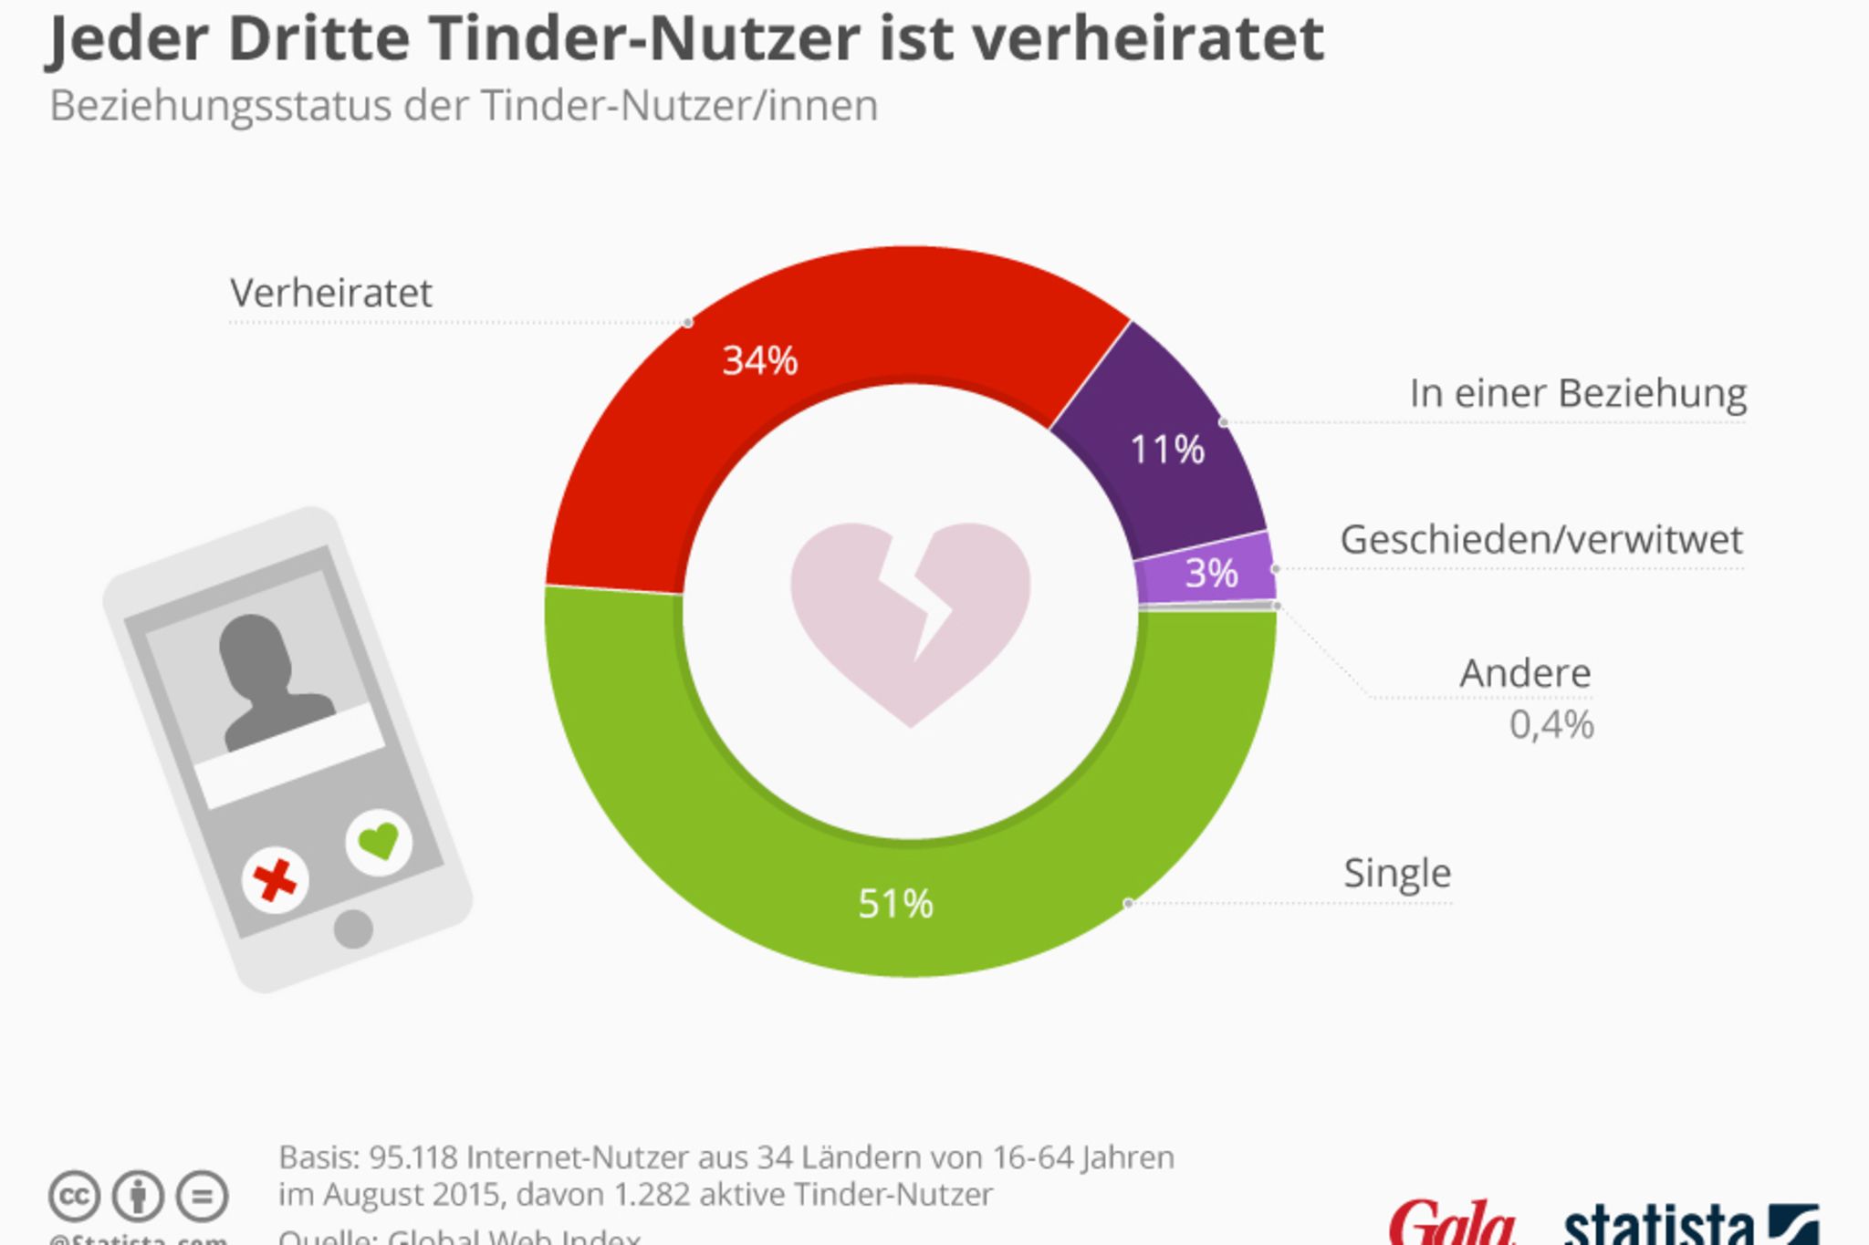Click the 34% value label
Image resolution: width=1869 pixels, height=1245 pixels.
[759, 361]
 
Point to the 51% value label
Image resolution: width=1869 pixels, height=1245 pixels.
[895, 904]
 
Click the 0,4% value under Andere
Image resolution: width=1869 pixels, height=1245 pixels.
[1551, 725]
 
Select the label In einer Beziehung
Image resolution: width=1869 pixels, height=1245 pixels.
[1577, 394]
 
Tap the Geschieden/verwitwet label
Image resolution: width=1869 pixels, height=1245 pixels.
[1540, 540]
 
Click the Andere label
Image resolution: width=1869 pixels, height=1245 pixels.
[1525, 674]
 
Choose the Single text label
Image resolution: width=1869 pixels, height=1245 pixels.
[1396, 874]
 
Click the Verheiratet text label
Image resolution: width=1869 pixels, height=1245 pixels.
[330, 294]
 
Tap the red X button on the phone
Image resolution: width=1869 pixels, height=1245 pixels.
[275, 881]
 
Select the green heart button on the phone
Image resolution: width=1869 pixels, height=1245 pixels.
[379, 841]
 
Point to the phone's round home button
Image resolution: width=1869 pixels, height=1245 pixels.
[353, 929]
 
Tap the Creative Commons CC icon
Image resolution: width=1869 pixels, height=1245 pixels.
[73, 1196]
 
